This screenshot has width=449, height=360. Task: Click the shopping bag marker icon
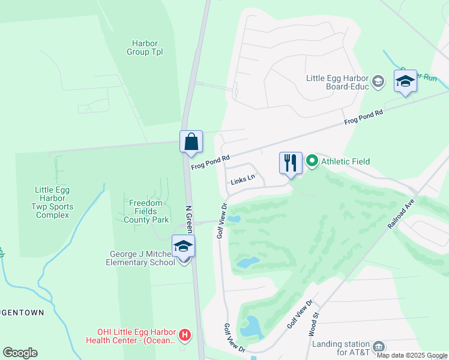(191, 142)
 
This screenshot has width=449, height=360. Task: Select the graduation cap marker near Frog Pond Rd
(405, 81)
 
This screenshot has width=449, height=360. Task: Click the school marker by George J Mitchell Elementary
(184, 247)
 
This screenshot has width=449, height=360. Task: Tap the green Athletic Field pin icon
(312, 161)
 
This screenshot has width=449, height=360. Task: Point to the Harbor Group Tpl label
(145, 47)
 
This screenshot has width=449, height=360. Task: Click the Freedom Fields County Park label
(146, 211)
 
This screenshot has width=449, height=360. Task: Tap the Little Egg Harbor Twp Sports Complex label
(52, 202)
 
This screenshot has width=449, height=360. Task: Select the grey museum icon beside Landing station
(379, 346)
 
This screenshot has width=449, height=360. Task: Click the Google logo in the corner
(20, 353)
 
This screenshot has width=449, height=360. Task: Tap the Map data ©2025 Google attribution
(412, 355)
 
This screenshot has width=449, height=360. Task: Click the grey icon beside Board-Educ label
(378, 81)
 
